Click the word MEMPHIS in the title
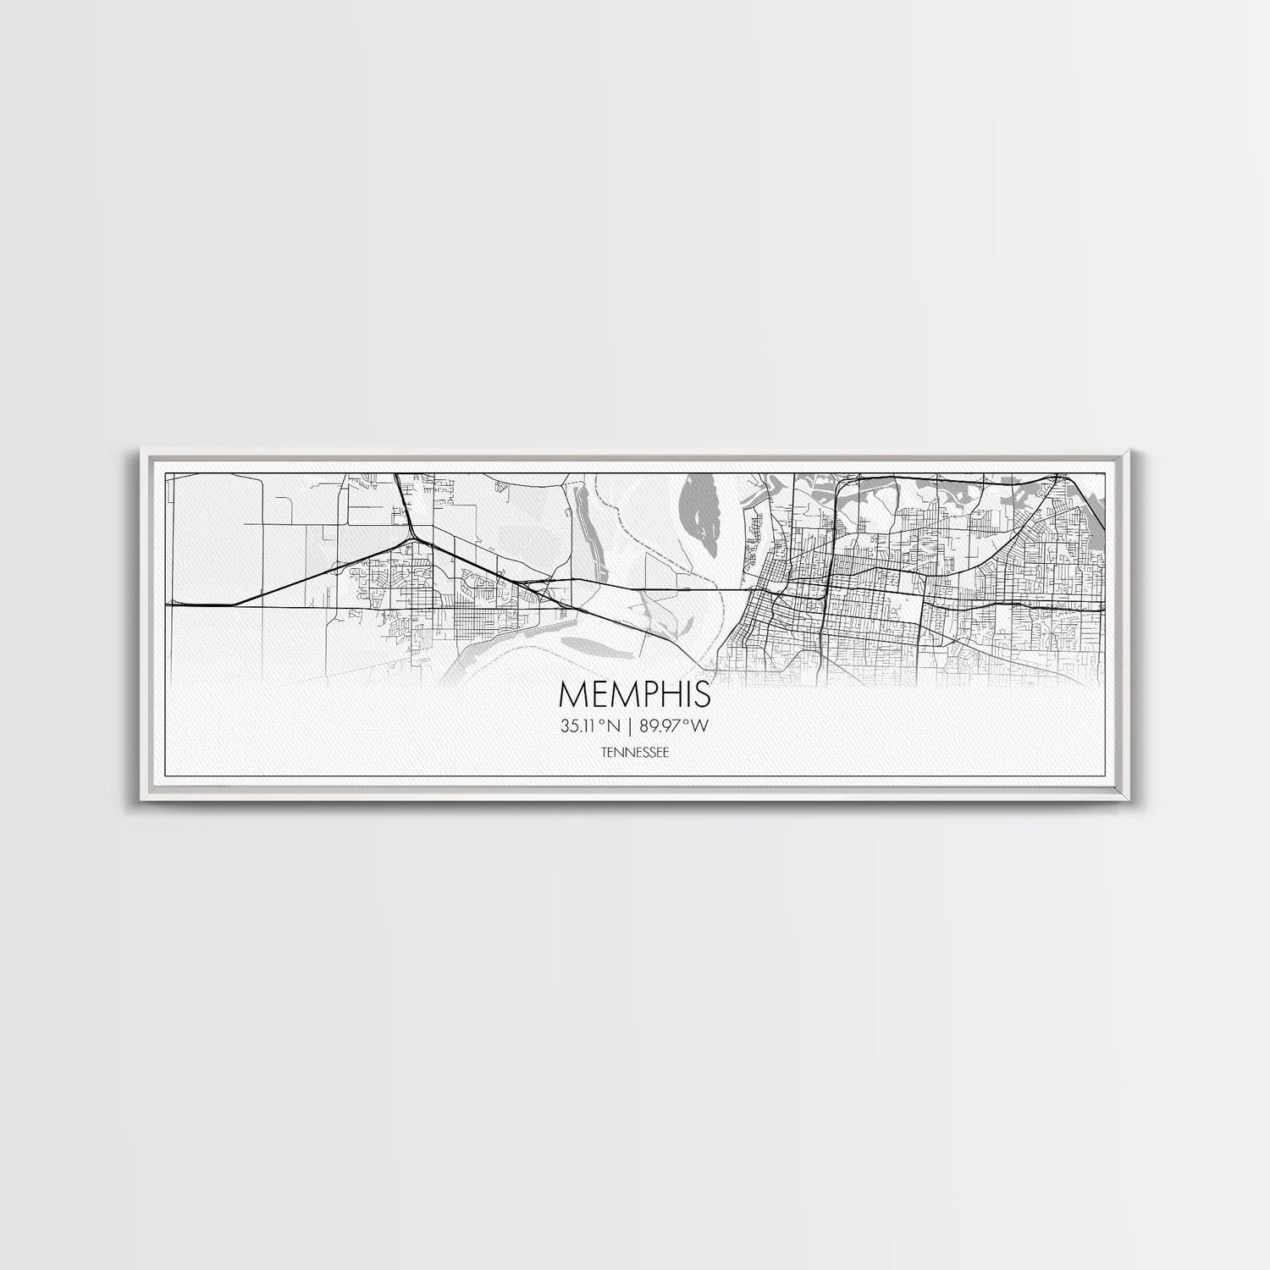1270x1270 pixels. (635, 693)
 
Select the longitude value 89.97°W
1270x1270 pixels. (676, 725)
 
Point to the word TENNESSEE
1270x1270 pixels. (634, 751)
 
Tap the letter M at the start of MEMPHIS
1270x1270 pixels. (571, 693)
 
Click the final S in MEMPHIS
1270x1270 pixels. (703, 693)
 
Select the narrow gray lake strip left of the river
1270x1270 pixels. (583, 525)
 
